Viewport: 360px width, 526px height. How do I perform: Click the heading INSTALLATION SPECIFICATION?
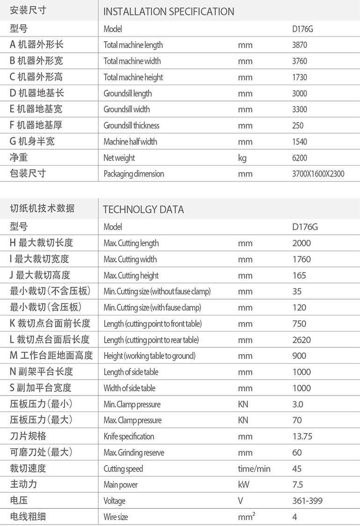(168, 12)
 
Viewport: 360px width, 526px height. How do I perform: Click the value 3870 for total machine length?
(300, 45)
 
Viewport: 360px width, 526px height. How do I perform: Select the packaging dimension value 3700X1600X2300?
(318, 174)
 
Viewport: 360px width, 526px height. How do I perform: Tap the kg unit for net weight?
(242, 158)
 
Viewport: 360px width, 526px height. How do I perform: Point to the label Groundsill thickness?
(131, 125)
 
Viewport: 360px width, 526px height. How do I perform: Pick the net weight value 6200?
(300, 158)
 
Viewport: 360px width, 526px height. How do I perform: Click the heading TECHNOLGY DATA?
(143, 209)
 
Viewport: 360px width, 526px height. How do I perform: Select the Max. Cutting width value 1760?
(301, 259)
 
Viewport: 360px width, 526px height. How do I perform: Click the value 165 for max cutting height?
(299, 275)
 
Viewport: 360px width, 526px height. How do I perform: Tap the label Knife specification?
(129, 436)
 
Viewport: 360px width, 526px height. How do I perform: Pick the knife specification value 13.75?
(302, 436)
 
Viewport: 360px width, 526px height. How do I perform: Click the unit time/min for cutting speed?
(254, 468)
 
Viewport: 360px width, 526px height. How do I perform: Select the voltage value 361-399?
(307, 501)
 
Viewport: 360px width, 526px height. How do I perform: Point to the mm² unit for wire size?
(246, 517)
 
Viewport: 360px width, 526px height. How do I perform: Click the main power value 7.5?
(298, 485)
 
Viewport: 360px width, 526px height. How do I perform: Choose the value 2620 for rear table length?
(301, 340)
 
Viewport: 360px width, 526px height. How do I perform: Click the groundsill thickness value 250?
(298, 125)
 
